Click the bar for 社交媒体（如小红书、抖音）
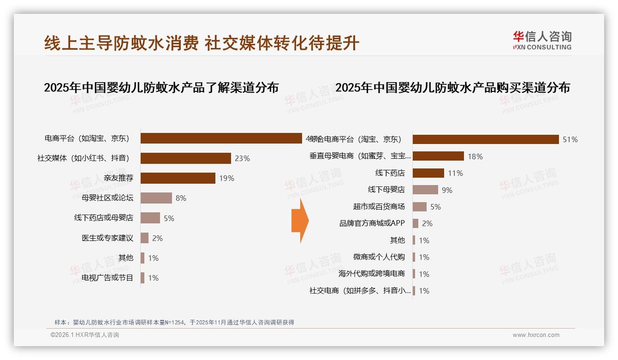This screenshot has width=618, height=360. click(x=185, y=158)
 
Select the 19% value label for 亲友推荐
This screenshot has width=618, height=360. click(x=226, y=178)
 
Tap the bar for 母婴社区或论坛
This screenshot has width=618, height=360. click(x=156, y=198)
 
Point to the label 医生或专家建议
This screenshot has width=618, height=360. click(x=107, y=238)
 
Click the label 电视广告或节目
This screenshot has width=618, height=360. click(x=107, y=278)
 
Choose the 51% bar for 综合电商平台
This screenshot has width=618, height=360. click(x=485, y=139)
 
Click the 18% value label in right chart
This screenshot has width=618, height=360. click(x=475, y=156)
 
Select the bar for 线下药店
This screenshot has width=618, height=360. click(x=428, y=173)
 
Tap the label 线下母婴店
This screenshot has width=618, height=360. click(x=386, y=190)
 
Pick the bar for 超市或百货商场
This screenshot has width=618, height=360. click(x=419, y=207)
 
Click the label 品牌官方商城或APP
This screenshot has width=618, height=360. click(x=372, y=223)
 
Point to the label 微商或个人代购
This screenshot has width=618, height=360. click(x=379, y=257)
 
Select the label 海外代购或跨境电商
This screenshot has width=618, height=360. click(x=371, y=274)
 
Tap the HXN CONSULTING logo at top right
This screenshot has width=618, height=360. click(x=542, y=40)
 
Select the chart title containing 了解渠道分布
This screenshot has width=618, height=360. click(x=161, y=88)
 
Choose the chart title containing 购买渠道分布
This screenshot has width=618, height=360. click(x=452, y=88)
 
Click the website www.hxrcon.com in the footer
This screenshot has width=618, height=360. click(x=536, y=335)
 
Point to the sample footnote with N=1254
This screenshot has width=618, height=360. click(x=174, y=323)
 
